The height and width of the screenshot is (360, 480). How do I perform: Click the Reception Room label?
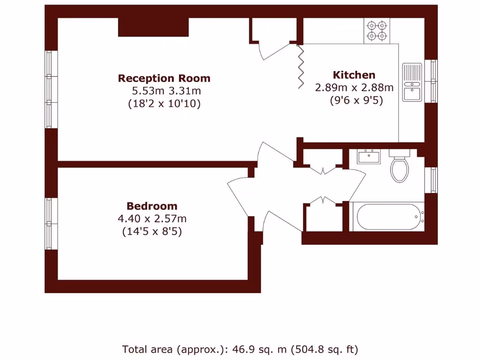point(164,78)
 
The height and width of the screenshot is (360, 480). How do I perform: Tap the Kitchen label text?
point(354,75)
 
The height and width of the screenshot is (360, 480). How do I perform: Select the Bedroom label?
point(152,206)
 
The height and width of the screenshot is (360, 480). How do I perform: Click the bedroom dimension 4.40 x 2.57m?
point(152,218)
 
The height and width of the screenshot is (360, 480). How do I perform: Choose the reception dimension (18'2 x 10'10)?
point(164,104)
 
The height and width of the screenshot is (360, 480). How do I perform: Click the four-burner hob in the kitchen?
point(377,30)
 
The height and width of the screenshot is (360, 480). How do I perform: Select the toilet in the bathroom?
point(399,167)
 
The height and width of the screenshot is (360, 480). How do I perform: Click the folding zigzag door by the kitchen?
point(300,66)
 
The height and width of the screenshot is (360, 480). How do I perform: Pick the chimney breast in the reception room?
point(153,27)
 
